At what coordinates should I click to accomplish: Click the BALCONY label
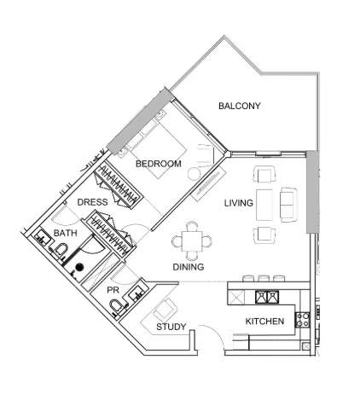click(239, 107)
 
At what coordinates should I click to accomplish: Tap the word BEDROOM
click(158, 164)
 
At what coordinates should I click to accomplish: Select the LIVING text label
click(239, 204)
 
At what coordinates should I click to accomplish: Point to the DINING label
click(189, 267)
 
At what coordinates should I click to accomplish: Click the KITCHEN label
click(264, 322)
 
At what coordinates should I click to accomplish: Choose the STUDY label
click(171, 328)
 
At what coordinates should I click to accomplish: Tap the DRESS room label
click(92, 202)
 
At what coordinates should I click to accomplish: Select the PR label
click(113, 290)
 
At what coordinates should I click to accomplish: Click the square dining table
click(195, 241)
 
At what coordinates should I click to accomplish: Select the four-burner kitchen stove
click(302, 321)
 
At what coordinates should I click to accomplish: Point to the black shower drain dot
click(79, 267)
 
